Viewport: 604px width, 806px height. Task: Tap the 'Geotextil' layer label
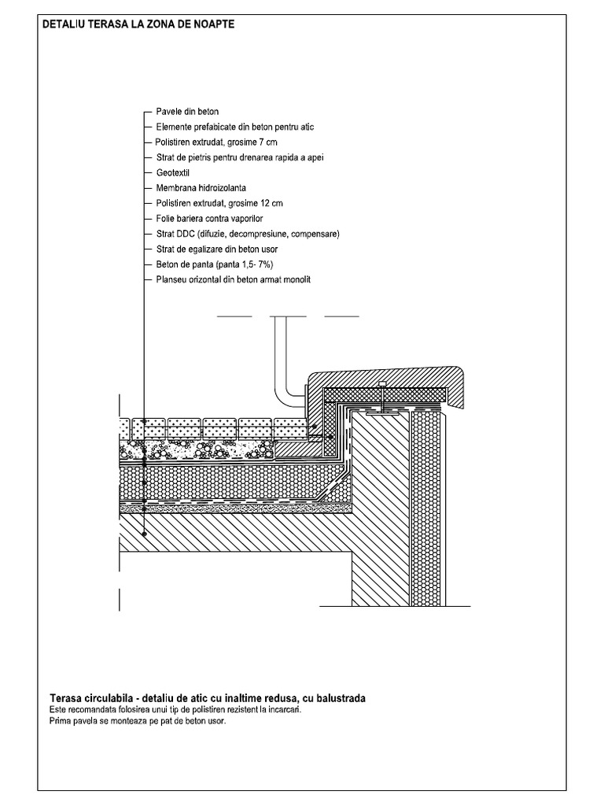click(173, 172)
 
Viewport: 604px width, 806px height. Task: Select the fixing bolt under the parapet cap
click(381, 397)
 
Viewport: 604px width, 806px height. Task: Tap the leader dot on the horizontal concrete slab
click(145, 534)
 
